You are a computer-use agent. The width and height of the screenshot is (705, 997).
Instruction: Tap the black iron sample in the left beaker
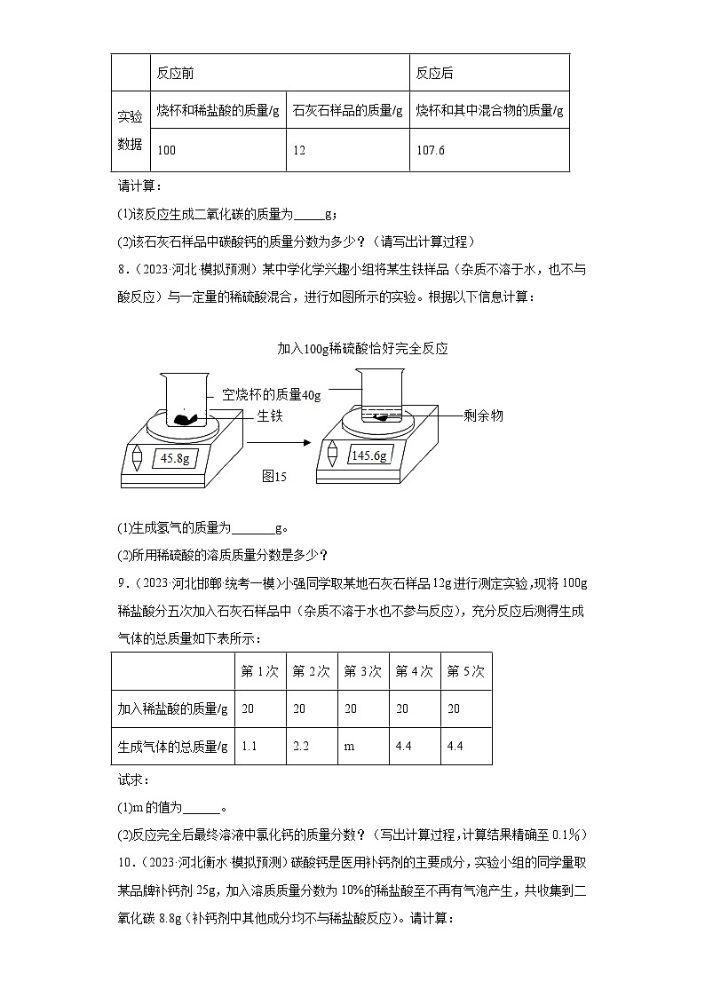click(x=185, y=417)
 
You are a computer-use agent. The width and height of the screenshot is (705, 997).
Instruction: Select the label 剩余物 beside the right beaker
click(x=483, y=415)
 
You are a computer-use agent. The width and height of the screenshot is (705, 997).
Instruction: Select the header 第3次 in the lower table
click(x=362, y=671)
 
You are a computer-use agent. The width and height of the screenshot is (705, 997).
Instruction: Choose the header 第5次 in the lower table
click(x=465, y=671)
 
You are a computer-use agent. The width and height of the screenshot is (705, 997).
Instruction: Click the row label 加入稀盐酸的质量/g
click(x=172, y=708)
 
